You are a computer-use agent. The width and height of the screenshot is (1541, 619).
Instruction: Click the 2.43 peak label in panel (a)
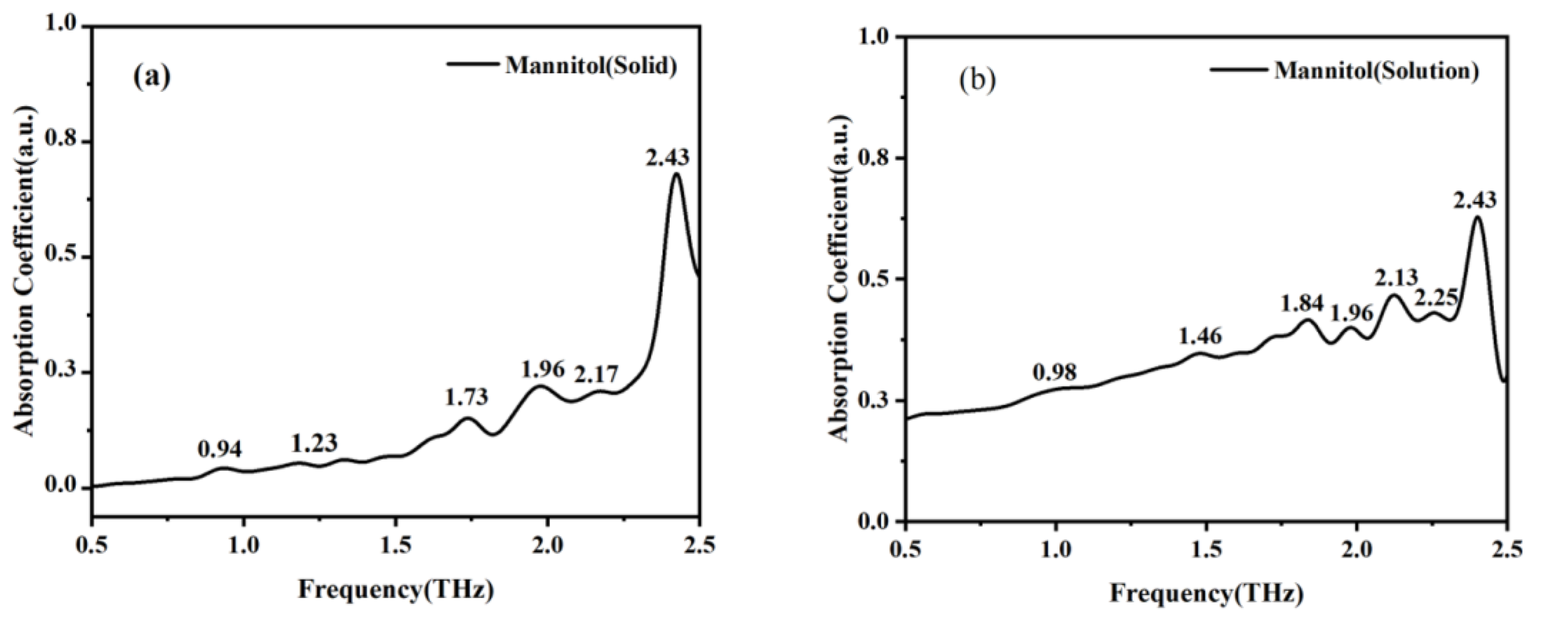click(x=667, y=158)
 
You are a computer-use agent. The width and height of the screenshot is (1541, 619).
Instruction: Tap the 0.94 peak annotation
click(x=220, y=449)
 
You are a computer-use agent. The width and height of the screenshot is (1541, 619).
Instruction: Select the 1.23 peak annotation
click(x=314, y=444)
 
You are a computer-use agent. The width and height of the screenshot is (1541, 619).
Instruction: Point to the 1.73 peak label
click(x=467, y=397)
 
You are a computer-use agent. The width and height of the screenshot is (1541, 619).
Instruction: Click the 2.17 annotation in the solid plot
click(x=597, y=375)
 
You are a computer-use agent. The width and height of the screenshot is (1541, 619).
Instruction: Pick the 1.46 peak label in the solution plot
click(x=1200, y=337)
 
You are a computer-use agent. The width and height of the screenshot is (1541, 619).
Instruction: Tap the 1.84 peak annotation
click(x=1302, y=305)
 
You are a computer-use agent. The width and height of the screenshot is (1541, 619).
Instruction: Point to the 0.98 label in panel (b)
click(x=1055, y=372)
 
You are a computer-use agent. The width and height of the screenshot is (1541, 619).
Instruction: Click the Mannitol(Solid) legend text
click(x=591, y=66)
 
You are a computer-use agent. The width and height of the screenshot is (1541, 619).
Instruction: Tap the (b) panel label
click(x=978, y=80)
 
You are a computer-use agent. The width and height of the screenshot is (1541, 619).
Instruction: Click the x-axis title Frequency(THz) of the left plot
click(x=397, y=589)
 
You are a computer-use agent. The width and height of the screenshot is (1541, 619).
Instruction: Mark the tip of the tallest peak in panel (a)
click(x=677, y=174)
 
